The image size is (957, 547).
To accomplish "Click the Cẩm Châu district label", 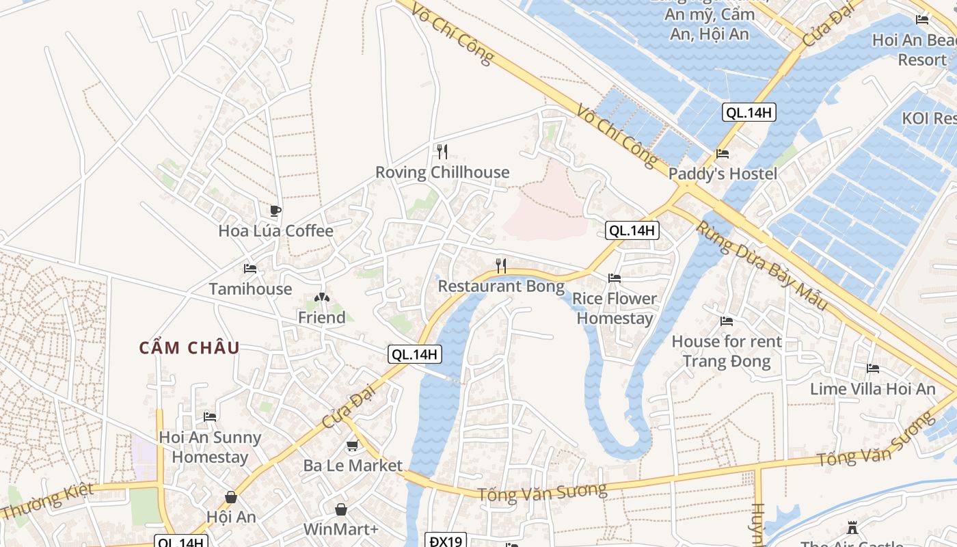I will coord(189,348).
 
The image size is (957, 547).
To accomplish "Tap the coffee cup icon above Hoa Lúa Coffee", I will coord(275,211).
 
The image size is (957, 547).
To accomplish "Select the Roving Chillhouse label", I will coord(442,172).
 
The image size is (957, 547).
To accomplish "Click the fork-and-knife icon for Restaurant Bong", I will coord(501,266).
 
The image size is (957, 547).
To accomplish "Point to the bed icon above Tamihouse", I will coord(250,269).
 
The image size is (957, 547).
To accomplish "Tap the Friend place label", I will coord(321,318).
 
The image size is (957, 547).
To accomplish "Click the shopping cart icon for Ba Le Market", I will coord(352,446).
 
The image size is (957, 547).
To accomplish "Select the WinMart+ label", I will coord(340,529).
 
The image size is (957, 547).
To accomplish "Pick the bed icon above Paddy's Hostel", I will coord(723,154).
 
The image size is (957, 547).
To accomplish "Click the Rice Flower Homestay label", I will coord(614,308).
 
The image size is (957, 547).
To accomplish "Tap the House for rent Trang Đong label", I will coord(726,351).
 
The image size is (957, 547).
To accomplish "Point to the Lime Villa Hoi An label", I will coord(872,389).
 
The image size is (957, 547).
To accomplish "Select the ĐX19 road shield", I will coord(446,541).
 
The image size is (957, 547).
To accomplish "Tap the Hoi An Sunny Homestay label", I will coord(210,447).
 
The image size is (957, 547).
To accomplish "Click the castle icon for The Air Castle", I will coord(852,528).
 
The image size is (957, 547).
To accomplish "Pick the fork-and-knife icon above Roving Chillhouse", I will coord(442,152).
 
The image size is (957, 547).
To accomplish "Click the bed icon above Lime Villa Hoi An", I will coord(873,369).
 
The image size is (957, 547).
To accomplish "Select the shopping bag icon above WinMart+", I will coord(340,509).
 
